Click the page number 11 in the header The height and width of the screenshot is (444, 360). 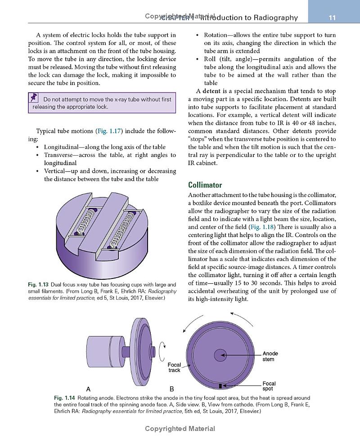point(333,18)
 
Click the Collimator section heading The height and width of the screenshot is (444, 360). point(205,185)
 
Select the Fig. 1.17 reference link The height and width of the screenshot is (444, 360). point(107,131)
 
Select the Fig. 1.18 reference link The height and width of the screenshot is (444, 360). point(260,227)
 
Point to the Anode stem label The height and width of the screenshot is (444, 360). point(270,356)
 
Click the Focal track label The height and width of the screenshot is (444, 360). point(174,368)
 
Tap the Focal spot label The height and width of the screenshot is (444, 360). point(269,386)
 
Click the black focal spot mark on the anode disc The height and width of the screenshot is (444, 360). point(220,386)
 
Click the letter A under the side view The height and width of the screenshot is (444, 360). point(88,389)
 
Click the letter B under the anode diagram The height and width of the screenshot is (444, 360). point(172,389)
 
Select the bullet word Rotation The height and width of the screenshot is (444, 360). point(218,35)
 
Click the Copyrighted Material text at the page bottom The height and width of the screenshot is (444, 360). point(180,429)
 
